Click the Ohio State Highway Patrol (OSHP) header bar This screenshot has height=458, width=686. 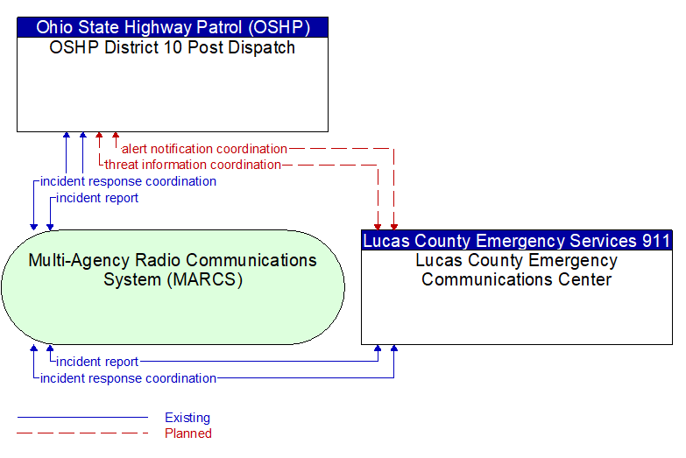[x=173, y=27]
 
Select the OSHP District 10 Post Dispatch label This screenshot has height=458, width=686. [x=173, y=47]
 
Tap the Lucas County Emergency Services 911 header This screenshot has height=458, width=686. [x=517, y=241]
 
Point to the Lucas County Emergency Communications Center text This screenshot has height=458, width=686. [x=517, y=270]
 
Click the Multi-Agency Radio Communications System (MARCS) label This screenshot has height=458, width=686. [x=173, y=270]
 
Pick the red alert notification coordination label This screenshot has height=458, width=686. [x=205, y=149]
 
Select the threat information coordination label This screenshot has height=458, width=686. [x=193, y=165]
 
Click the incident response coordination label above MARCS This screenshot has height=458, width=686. [x=128, y=181]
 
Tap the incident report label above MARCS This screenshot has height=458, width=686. [x=97, y=198]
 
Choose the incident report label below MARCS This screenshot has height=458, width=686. [x=97, y=362]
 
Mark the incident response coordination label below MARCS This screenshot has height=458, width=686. [x=128, y=378]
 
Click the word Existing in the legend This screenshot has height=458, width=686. [x=187, y=418]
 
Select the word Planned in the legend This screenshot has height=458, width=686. [x=188, y=433]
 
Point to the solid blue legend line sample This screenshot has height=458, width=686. [x=82, y=418]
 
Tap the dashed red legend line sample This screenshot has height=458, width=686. [x=82, y=433]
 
